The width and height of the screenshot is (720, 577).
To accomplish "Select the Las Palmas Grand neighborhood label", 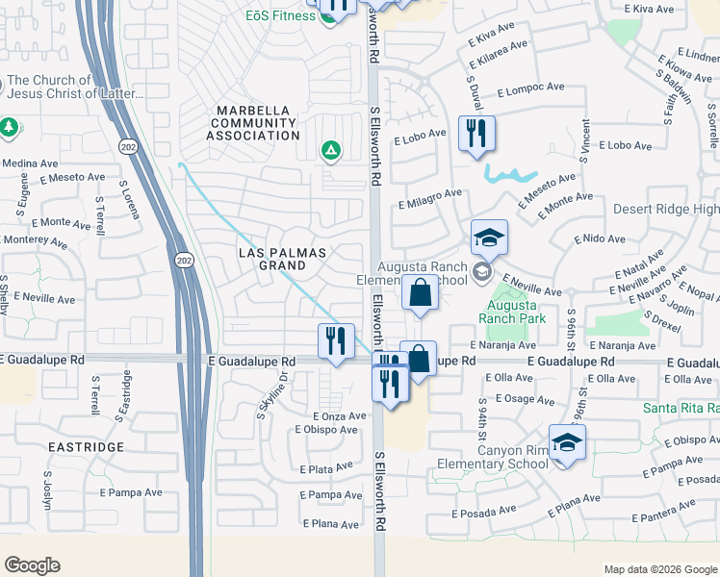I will pyautogui.click(x=284, y=260).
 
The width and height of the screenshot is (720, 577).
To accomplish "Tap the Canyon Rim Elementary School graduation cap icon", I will pyautogui.click(x=568, y=442).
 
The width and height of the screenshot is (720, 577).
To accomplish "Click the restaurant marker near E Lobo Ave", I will pyautogui.click(x=476, y=133).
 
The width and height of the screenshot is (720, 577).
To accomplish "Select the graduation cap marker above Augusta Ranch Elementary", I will pyautogui.click(x=489, y=237).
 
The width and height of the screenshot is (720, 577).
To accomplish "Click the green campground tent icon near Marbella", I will pyautogui.click(x=330, y=150).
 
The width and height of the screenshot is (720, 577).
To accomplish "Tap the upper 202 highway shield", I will pyautogui.click(x=129, y=146).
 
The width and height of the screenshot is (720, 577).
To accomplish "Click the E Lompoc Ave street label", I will pyautogui.click(x=530, y=88).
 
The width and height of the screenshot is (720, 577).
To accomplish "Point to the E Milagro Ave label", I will pyautogui.click(x=430, y=195).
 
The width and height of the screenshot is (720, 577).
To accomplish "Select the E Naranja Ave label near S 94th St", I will pyautogui.click(x=502, y=345).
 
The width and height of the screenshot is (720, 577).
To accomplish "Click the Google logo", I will pyautogui.click(x=33, y=565).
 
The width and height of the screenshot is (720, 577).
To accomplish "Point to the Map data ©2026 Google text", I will pyautogui.click(x=659, y=569).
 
